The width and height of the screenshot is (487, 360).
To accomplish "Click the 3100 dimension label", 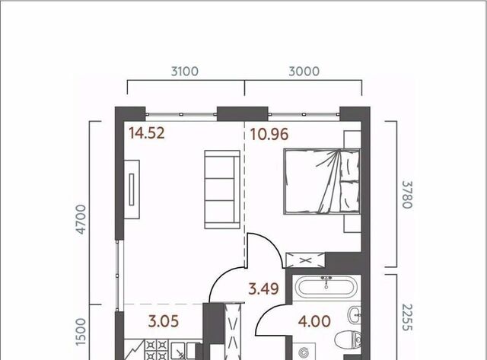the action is pyautogui.click(x=184, y=72).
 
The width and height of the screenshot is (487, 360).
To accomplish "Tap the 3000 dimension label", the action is pyautogui.click(x=304, y=72).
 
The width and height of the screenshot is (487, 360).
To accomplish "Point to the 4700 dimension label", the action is pyautogui.click(x=81, y=219).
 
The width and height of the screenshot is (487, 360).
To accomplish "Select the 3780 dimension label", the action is pyautogui.click(x=407, y=194).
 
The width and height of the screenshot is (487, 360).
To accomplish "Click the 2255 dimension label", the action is pyautogui.click(x=407, y=317).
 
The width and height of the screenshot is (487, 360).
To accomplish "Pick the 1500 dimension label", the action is pyautogui.click(x=81, y=332).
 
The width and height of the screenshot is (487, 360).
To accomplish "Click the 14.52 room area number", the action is pyautogui.click(x=147, y=133).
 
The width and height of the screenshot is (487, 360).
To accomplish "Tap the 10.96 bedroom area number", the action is pyautogui.click(x=269, y=134).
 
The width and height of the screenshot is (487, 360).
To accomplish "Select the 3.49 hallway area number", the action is pyautogui.click(x=263, y=289).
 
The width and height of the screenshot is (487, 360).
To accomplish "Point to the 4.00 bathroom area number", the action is pyautogui.click(x=314, y=321).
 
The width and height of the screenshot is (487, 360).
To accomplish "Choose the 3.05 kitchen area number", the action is pyautogui.click(x=164, y=321).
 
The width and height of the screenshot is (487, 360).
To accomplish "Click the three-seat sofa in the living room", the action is pyautogui.click(x=222, y=190).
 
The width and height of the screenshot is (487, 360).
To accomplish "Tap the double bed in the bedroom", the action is pyautogui.click(x=322, y=181).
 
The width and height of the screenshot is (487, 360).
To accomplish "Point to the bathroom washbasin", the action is pyautogui.click(x=355, y=315).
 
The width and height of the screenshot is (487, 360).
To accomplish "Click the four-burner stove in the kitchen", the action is pyautogui.click(x=157, y=350).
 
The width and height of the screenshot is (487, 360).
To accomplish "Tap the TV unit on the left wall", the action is pyautogui.click(x=132, y=190).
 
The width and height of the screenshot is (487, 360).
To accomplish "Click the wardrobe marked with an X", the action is pyautogui.click(x=305, y=260).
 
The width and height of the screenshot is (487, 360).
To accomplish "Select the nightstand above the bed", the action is pyautogui.click(x=352, y=139).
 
